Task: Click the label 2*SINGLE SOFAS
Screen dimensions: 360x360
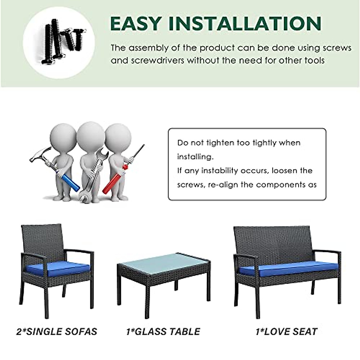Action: pyautogui.click(x=57, y=331)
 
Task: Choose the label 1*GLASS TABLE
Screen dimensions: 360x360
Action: pyautogui.click(x=163, y=331)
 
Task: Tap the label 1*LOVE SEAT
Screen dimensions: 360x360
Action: pyautogui.click(x=286, y=331)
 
